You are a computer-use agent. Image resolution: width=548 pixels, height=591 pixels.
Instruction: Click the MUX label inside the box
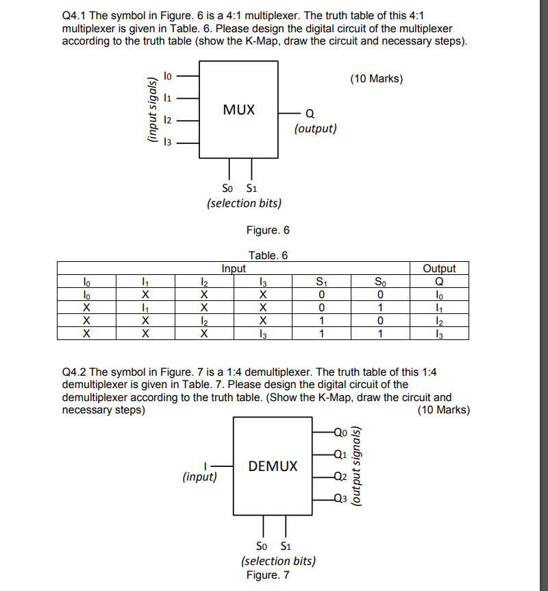point(238,110)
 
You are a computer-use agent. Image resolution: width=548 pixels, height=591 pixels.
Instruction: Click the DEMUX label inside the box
point(273,466)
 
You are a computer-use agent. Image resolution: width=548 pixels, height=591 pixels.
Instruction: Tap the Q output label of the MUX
point(310,114)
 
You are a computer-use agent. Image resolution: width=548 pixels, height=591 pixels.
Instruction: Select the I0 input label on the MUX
point(169,71)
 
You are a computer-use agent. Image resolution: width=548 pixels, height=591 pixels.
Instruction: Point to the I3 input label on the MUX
point(169,143)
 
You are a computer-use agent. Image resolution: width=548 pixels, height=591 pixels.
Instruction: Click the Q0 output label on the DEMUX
point(340,432)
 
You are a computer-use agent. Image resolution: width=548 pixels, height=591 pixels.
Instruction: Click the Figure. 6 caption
point(267,230)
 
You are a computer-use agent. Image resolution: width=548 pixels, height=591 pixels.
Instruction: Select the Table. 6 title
point(268,255)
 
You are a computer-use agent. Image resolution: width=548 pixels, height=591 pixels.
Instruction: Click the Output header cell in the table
point(439,269)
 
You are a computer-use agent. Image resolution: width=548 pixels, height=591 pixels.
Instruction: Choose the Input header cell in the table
point(234,269)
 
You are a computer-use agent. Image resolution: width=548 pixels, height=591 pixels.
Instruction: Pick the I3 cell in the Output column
point(439,333)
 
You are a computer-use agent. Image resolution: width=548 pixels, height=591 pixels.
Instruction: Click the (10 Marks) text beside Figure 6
point(376,79)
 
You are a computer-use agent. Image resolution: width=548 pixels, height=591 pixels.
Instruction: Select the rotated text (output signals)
point(355,466)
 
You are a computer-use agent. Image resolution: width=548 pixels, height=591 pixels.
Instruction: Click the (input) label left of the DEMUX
point(199,477)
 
